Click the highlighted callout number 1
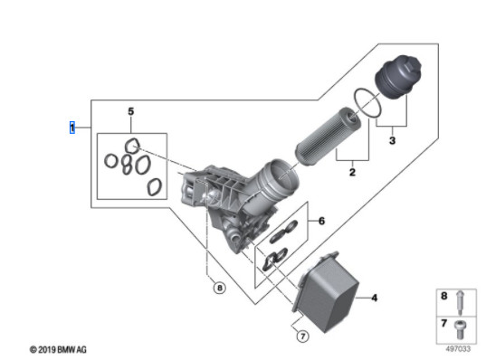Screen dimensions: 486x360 tap(72, 128)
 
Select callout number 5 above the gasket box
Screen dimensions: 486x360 tap(131, 111)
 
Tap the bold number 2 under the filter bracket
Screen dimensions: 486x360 tap(352, 172)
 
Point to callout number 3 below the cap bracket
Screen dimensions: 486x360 tap(392, 140)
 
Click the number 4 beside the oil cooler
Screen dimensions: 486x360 tap(375, 298)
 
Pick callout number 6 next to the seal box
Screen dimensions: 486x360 tap(321, 221)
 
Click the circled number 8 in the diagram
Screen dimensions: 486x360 tap(219, 289)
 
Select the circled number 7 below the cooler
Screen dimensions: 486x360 tap(303, 336)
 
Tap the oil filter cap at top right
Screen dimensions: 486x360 tap(398, 77)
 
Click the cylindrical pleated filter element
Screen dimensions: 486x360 tap(328, 136)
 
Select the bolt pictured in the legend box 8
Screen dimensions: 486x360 tap(461, 302)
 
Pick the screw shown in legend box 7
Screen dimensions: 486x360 tap(460, 330)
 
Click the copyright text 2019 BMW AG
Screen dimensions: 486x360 tap(58, 350)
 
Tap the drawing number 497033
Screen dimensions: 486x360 tap(458, 349)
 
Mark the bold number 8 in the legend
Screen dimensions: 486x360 tap(444, 296)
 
